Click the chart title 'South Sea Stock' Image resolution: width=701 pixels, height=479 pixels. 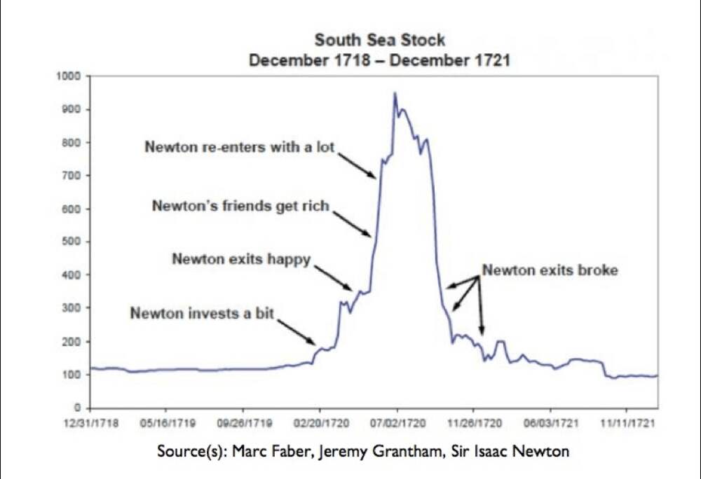click(x=379, y=40)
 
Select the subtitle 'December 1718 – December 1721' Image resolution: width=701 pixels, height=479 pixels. click(x=379, y=60)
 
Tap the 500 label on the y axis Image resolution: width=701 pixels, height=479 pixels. click(x=75, y=242)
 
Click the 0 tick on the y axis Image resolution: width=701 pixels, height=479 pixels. click(x=79, y=408)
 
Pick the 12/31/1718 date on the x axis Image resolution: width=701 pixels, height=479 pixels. click(x=90, y=424)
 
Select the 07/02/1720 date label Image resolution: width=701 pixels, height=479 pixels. click(x=397, y=424)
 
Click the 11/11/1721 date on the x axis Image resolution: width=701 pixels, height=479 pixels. click(x=635, y=424)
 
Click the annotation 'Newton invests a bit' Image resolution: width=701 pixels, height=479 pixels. click(x=202, y=313)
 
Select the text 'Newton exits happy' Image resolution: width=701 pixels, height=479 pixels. click(x=241, y=259)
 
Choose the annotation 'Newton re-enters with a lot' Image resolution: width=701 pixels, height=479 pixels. click(x=240, y=147)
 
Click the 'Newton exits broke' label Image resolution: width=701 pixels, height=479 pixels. click(x=550, y=270)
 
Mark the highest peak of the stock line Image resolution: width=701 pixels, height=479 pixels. click(x=395, y=92)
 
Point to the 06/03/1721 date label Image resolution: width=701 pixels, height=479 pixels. click(x=551, y=424)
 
